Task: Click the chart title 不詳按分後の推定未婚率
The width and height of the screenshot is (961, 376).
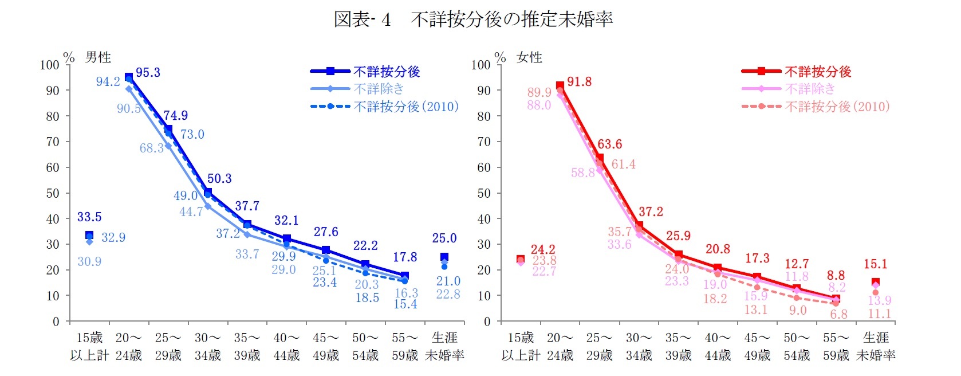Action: (511, 19)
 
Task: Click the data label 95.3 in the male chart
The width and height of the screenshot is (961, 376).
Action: (148, 73)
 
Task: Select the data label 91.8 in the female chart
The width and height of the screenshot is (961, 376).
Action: (579, 82)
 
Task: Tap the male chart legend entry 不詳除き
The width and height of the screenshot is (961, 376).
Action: (379, 89)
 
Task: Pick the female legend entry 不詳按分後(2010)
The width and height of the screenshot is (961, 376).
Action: (837, 107)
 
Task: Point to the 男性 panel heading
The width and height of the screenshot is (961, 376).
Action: (98, 57)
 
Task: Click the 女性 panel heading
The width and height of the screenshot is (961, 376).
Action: (529, 57)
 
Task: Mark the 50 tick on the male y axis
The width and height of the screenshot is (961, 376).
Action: (53, 193)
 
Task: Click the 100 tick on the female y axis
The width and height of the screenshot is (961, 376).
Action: (481, 65)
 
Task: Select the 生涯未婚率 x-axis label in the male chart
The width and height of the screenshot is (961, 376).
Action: (444, 346)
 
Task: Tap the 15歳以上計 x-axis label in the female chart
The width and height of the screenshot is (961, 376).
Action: (521, 346)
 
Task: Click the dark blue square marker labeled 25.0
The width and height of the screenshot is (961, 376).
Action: (444, 257)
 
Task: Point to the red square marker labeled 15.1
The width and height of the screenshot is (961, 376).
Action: (875, 282)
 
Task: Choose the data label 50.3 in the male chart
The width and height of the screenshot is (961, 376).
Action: (219, 179)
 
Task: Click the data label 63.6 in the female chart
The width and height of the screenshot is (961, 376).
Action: (609, 144)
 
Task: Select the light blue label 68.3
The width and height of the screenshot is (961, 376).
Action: (151, 148)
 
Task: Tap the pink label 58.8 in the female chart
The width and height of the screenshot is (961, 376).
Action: (582, 173)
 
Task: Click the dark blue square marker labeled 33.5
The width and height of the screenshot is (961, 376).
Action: (89, 235)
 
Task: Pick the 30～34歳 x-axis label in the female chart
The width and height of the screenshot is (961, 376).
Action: (639, 346)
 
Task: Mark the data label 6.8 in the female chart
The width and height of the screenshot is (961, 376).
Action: (838, 315)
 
